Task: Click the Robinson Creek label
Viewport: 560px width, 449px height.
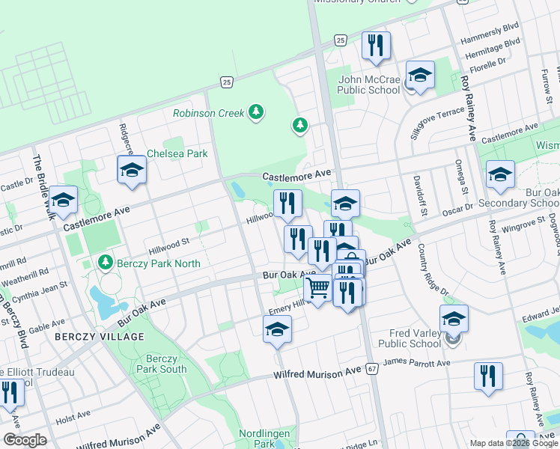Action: [208, 114]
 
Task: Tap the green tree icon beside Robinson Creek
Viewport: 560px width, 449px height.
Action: [257, 112]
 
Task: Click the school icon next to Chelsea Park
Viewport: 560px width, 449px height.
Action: [132, 171]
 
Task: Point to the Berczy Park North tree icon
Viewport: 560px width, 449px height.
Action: [105, 263]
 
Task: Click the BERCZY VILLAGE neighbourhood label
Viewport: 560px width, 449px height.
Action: [99, 337]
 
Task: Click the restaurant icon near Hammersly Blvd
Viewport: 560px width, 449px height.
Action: [376, 46]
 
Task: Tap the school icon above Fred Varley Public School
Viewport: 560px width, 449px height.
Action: [454, 320]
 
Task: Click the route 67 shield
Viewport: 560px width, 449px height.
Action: [372, 369]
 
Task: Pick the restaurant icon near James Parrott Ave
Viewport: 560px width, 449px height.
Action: [488, 376]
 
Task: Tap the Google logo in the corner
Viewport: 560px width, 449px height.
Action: [25, 440]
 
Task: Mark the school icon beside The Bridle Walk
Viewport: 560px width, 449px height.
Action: [64, 201]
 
